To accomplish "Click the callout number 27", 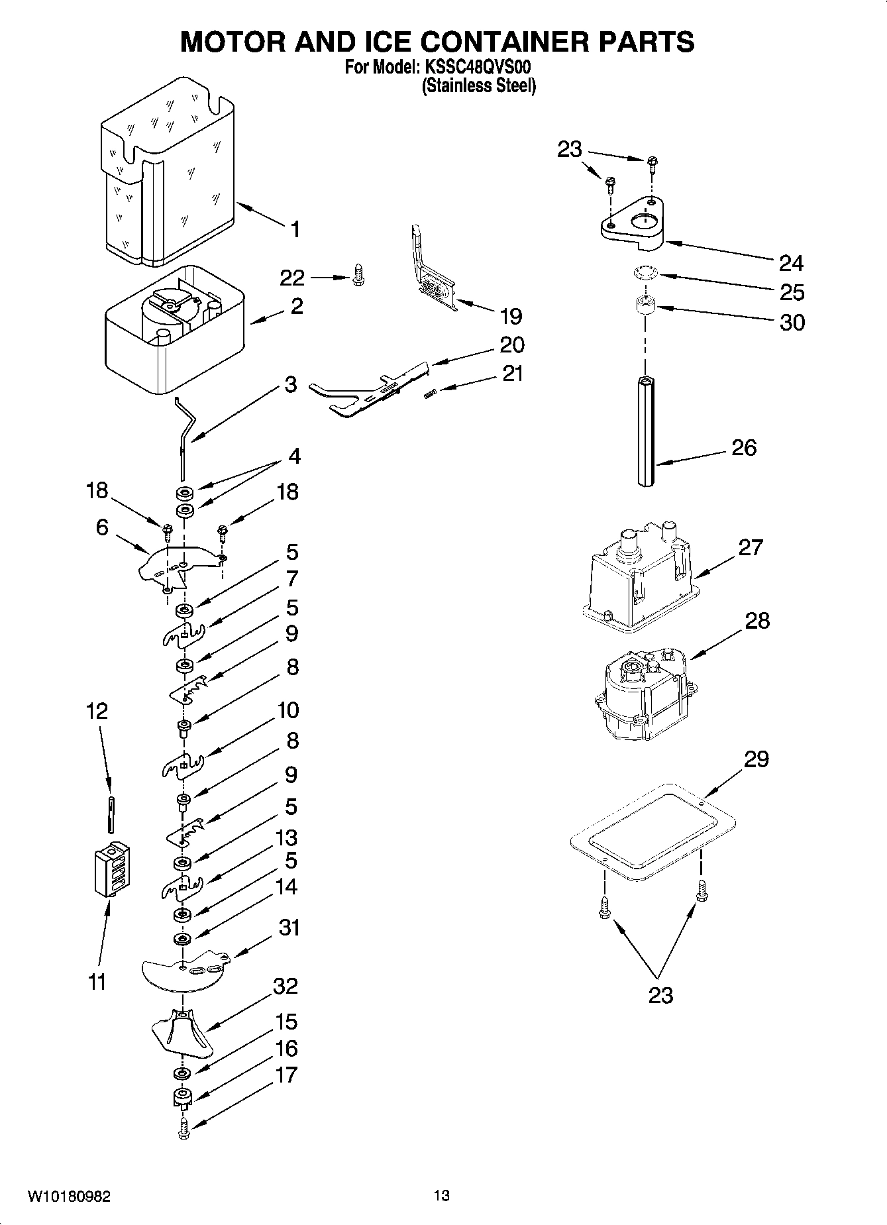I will tap(751, 547).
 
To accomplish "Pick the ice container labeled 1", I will tap(169, 172).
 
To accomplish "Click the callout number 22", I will tap(292, 278).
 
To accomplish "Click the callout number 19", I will tap(511, 316).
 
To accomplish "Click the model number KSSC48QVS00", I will tap(478, 68).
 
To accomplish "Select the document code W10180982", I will tap(69, 1197).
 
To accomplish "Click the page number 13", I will tap(442, 1196).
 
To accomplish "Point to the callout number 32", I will tap(286, 986).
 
